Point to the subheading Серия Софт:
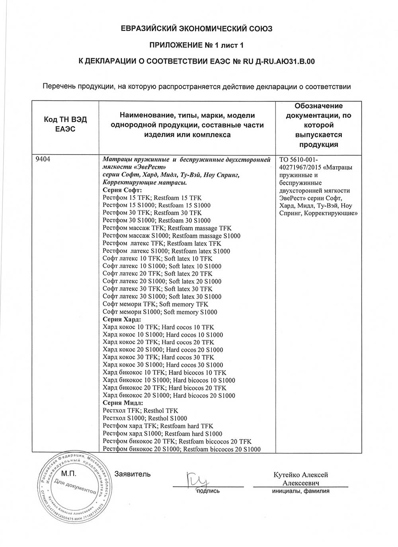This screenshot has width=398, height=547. click(x=119, y=190)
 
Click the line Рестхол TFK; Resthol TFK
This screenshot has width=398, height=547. click(x=140, y=411)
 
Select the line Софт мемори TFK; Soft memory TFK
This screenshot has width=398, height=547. click(x=155, y=304)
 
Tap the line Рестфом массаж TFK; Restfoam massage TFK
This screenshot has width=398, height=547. click(x=167, y=228)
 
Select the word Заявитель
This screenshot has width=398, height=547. click(x=133, y=474)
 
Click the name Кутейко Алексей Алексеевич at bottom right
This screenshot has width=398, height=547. click(x=300, y=479)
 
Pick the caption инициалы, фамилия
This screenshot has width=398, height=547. click(x=300, y=491)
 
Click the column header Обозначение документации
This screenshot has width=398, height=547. click(x=318, y=125)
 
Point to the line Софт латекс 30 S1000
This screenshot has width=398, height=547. click(x=162, y=297)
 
